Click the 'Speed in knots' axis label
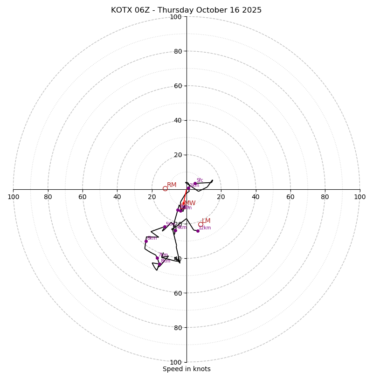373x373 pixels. click(x=186, y=369)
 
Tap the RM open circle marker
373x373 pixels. click(x=165, y=188)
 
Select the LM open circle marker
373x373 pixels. click(x=200, y=224)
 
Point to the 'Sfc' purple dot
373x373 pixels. click(x=195, y=184)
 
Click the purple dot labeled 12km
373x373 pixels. click(x=198, y=231)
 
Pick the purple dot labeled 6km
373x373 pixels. click(x=146, y=241)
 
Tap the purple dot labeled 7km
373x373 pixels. click(x=157, y=258)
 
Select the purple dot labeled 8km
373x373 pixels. click(x=159, y=264)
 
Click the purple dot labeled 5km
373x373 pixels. click(x=165, y=227)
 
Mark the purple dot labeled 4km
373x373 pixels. click(x=175, y=230)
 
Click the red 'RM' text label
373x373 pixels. click(x=172, y=185)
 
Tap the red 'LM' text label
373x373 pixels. click(x=206, y=221)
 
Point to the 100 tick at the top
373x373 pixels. click(x=176, y=17)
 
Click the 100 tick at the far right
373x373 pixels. click(x=360, y=197)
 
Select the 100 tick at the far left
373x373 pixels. click(x=13, y=197)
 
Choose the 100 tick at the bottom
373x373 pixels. click(x=176, y=362)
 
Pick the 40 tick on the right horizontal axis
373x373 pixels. click(x=256, y=197)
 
